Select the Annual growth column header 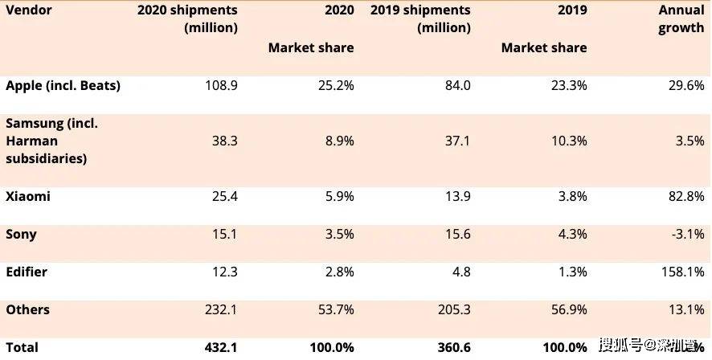[x=681, y=19]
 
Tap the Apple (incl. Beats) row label [x=63, y=85]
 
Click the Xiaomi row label [x=28, y=196]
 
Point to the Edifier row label [x=27, y=272]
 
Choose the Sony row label [x=21, y=235]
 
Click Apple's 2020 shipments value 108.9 [x=221, y=85]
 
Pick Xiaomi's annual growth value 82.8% [x=685, y=196]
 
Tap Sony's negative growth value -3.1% [x=688, y=235]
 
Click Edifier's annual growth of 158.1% [x=682, y=272]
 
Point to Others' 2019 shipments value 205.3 [x=452, y=309]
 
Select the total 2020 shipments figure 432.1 [x=220, y=347]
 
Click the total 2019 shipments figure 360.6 [x=452, y=347]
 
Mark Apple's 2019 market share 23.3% [x=569, y=85]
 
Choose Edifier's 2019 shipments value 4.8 [x=460, y=272]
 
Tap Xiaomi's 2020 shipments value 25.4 [x=224, y=196]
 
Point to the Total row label [x=22, y=347]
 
